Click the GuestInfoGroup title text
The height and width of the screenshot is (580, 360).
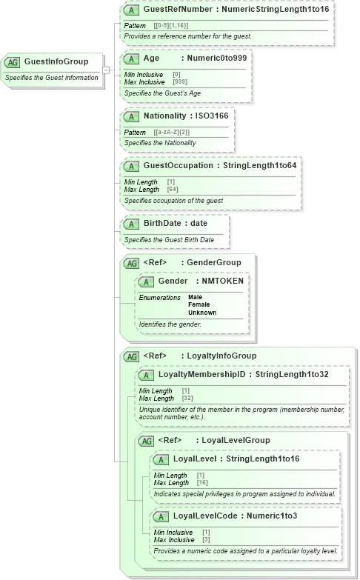(56, 61)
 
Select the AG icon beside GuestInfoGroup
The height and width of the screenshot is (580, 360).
(13, 62)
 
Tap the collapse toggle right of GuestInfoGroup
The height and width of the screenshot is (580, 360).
(107, 70)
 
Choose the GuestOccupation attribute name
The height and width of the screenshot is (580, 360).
(179, 165)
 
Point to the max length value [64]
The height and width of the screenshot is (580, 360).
(173, 190)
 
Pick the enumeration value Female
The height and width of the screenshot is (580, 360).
(199, 304)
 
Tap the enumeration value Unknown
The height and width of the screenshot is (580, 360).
(202, 312)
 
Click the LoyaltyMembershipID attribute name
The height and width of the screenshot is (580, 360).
(201, 375)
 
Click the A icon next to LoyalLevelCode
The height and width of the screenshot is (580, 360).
(159, 516)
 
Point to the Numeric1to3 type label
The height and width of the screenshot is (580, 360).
(270, 516)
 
